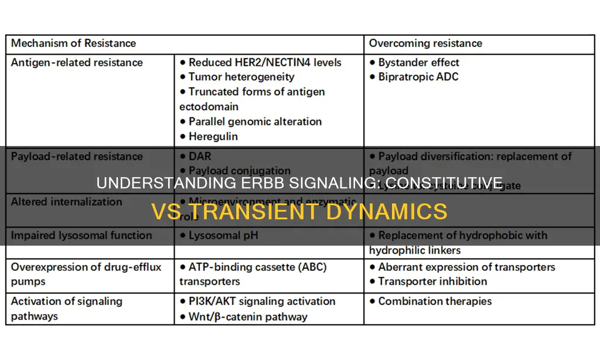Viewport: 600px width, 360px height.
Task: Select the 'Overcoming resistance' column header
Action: (425, 43)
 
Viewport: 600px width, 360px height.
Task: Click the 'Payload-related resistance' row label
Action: (77, 157)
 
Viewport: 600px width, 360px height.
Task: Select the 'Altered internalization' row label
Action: (66, 202)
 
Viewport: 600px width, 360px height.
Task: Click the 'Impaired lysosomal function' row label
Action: (81, 236)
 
